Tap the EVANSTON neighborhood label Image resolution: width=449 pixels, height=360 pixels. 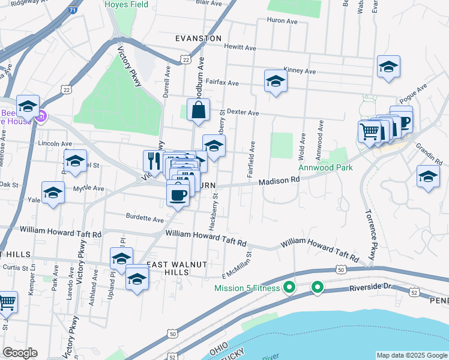[x=198, y=38]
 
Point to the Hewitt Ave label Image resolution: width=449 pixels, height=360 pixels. [x=240, y=47]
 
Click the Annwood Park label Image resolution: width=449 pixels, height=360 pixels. [x=327, y=168]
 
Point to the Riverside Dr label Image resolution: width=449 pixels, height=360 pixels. [x=370, y=287]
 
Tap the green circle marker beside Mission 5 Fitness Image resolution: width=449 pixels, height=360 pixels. [x=289, y=287]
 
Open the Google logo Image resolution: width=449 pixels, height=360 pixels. [x=20, y=353]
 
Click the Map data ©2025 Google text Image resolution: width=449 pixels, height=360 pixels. [x=411, y=355]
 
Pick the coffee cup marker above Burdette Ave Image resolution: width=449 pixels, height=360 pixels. [x=178, y=195]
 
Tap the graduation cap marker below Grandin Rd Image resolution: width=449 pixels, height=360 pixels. [x=428, y=177]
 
